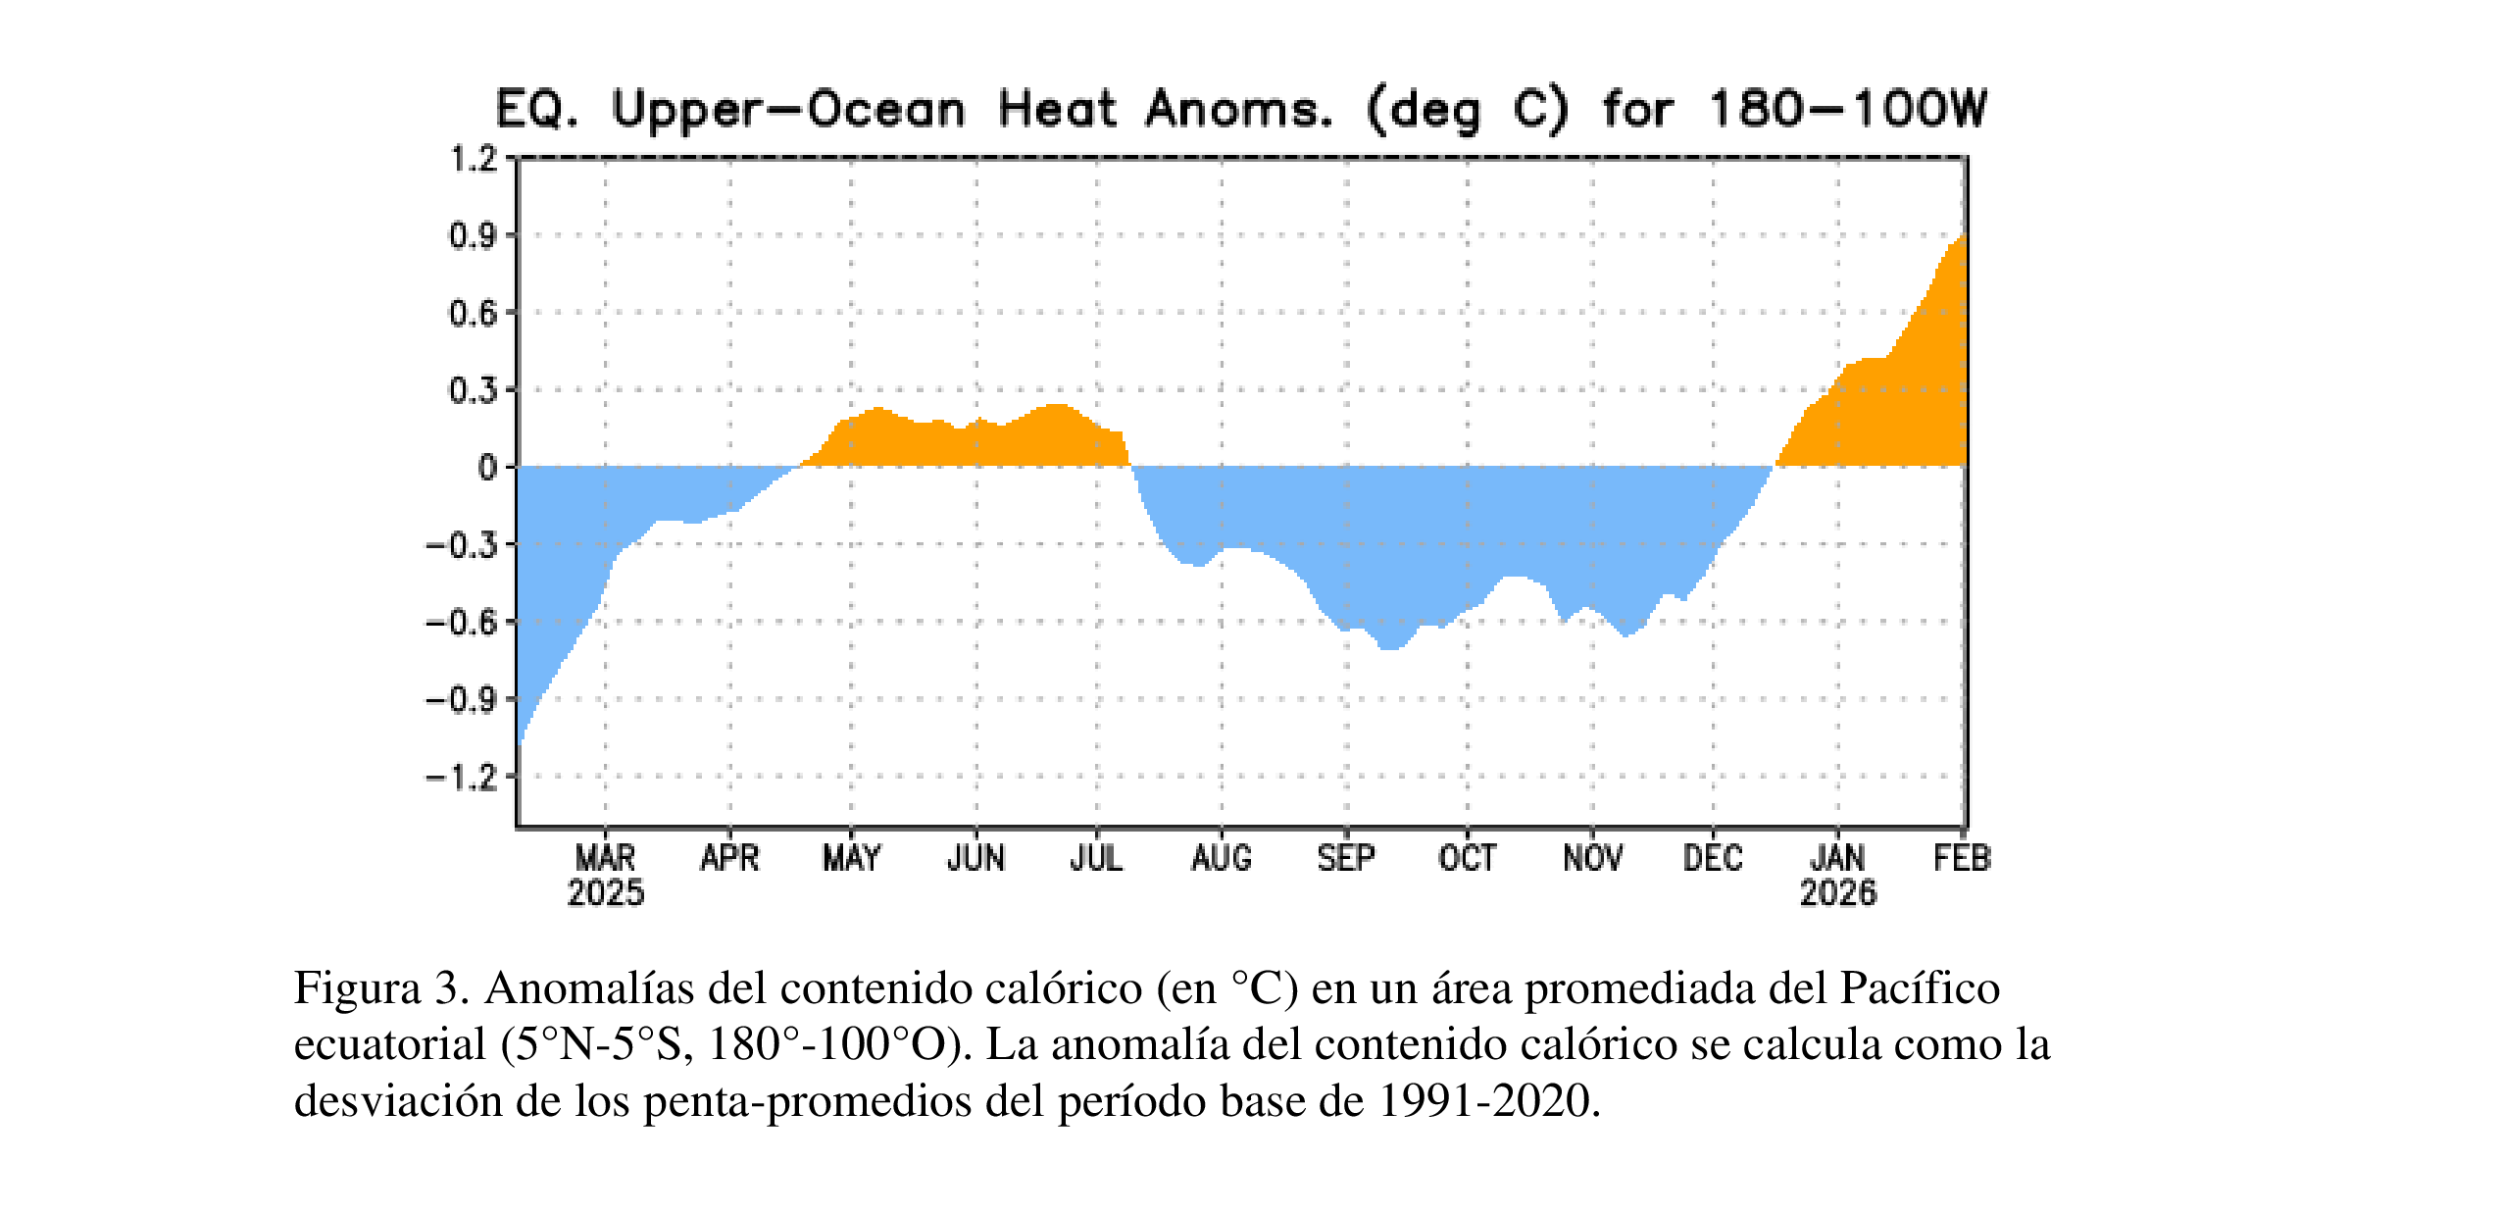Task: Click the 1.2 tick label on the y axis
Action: (474, 158)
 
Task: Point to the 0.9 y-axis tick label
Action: (474, 235)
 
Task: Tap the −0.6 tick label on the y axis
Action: (461, 622)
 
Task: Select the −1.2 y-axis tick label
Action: (461, 778)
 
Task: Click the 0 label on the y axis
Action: (487, 468)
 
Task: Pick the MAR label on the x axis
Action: (605, 858)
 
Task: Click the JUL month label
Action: (1096, 858)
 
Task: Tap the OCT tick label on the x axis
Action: (1467, 858)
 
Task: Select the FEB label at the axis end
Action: (1962, 858)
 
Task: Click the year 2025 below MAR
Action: (605, 893)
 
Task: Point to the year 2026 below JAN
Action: (1837, 893)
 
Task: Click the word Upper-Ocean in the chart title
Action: (788, 109)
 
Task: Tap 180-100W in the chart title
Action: (1847, 109)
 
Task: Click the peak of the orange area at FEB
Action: (1962, 236)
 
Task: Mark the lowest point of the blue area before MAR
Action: (520, 742)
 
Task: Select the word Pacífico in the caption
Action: (1920, 987)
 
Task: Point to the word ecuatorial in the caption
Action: (390, 1044)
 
